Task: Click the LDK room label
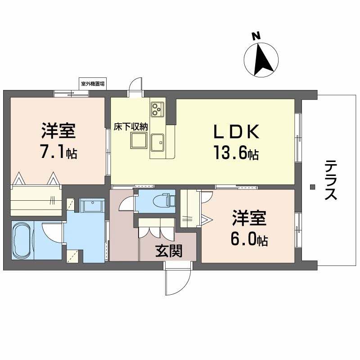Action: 236,132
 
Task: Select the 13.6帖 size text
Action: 235,154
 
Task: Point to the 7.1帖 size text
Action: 58,153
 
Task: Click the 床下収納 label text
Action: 130,127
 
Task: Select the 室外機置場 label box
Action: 93,84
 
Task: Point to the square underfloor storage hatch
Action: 138,141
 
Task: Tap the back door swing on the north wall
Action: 135,86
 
